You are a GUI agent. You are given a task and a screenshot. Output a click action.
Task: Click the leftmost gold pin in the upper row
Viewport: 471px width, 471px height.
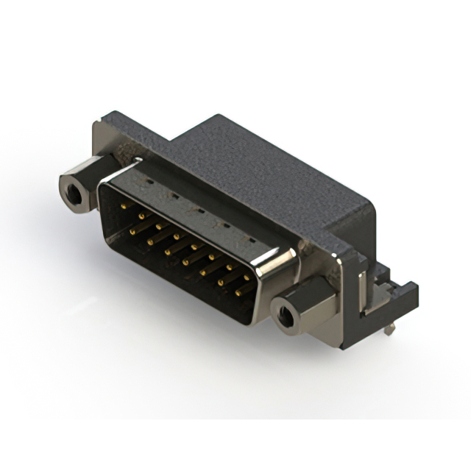(123, 208)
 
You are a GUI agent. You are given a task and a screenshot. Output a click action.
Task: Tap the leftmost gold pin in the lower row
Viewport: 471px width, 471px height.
(133, 231)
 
